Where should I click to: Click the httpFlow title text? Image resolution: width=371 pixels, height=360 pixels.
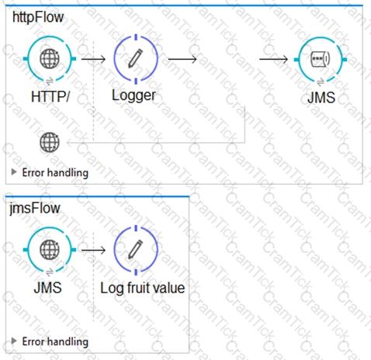tap(38, 17)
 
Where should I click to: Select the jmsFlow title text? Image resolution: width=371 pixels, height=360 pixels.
tap(35, 208)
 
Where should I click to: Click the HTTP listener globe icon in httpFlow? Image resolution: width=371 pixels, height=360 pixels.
tap(50, 59)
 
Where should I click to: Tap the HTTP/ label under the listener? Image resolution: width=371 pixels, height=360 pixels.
tap(50, 97)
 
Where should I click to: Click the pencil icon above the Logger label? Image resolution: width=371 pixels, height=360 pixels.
tap(136, 59)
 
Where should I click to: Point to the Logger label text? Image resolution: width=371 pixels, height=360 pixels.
tap(133, 95)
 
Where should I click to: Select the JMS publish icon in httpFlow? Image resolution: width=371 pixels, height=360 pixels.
tap(321, 59)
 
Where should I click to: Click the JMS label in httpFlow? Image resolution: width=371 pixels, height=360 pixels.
tap(321, 98)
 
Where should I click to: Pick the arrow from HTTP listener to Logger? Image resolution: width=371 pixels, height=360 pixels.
tap(93, 59)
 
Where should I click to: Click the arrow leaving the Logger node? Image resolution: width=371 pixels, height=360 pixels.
tap(182, 59)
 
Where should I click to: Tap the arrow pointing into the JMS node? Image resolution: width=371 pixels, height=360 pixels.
tap(273, 59)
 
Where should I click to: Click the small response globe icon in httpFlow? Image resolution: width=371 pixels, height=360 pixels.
tap(50, 142)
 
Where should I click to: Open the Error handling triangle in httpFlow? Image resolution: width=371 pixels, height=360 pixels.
tap(14, 172)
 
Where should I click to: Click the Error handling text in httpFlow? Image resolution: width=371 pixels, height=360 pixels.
tap(55, 172)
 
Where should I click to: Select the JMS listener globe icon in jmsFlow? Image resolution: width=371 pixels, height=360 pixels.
tap(50, 250)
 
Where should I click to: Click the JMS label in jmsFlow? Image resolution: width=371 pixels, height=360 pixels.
tap(48, 288)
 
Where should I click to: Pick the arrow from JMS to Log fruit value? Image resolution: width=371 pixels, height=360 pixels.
tap(93, 250)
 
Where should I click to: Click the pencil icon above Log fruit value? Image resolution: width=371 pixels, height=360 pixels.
tap(136, 250)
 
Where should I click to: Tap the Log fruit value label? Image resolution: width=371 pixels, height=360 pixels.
tap(143, 288)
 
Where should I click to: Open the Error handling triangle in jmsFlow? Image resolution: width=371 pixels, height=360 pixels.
tap(14, 341)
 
